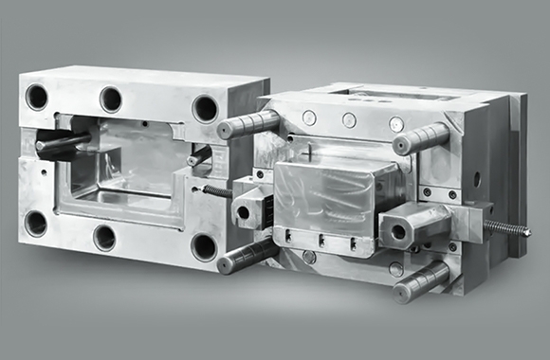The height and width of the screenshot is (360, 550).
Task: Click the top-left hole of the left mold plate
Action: [37, 96]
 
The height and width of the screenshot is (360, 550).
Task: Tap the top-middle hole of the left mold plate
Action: [111, 99]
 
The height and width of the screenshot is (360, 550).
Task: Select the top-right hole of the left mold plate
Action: [204, 107]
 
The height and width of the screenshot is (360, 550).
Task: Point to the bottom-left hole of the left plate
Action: [36, 224]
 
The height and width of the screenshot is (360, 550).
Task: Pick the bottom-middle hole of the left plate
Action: [104, 237]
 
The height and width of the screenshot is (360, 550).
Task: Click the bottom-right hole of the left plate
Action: [203, 247]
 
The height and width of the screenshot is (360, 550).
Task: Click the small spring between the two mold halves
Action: [217, 190]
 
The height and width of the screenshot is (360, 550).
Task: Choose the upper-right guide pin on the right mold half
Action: [421, 139]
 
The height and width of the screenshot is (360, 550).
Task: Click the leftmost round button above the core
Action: [309, 117]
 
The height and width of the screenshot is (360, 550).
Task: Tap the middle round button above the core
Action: [350, 120]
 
